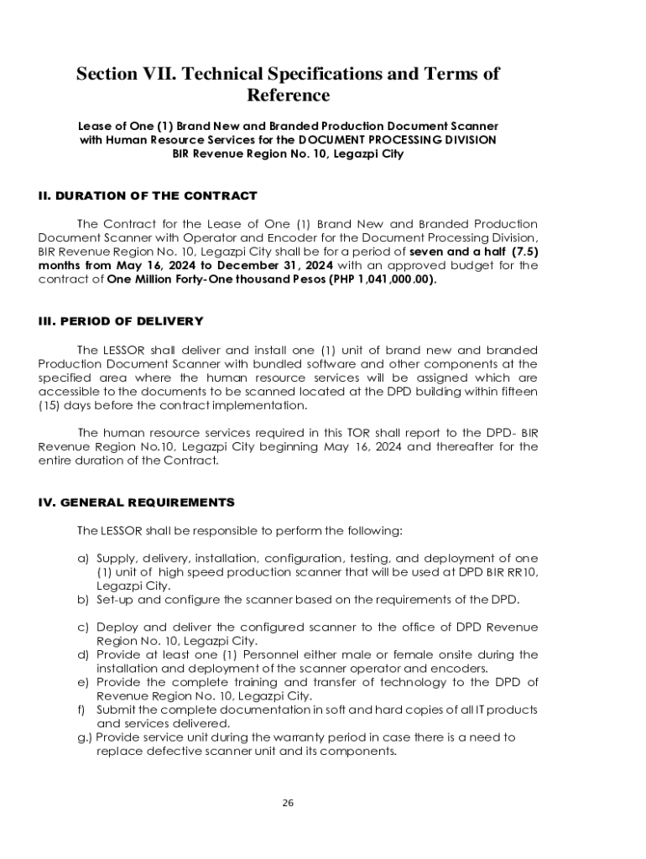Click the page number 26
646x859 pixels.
[288, 803]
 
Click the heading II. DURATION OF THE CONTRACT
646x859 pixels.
[148, 196]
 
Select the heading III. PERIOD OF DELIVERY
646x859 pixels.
[120, 321]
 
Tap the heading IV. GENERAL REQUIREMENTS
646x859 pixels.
[136, 502]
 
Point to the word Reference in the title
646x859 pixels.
[288, 96]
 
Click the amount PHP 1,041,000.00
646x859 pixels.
[383, 280]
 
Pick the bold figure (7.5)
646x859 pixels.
[525, 252]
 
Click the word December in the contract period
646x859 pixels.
[237, 266]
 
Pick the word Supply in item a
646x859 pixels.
[115, 559]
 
